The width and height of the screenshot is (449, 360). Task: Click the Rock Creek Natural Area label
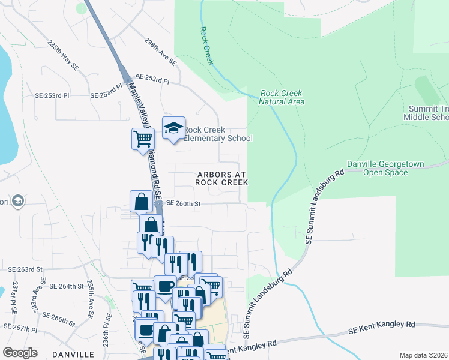(x=281, y=97)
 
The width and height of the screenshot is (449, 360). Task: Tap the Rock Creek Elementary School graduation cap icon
(x=174, y=128)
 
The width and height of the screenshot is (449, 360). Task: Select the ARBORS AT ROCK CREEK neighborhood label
(x=221, y=178)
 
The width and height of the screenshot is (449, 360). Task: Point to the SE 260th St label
(x=182, y=203)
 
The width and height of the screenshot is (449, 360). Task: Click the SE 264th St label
(x=66, y=286)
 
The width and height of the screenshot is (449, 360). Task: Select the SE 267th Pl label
(x=20, y=328)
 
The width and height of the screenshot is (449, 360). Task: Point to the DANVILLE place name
(x=73, y=355)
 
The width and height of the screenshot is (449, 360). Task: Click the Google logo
(x=20, y=353)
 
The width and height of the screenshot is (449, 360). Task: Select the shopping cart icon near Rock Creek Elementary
(x=143, y=138)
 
